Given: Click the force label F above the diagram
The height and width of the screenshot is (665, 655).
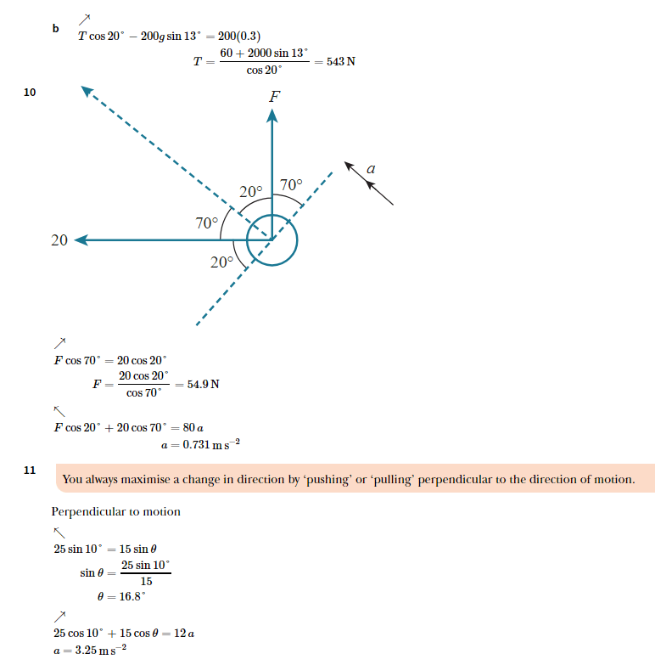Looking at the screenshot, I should pyautogui.click(x=274, y=97).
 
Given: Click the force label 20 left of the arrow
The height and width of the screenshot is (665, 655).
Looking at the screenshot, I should pyautogui.click(x=59, y=240).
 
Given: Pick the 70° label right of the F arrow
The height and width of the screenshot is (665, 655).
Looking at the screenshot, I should pyautogui.click(x=291, y=184).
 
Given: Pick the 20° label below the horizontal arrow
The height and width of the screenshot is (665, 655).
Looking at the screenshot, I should pyautogui.click(x=221, y=262).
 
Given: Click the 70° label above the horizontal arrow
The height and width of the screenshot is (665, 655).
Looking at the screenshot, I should pyautogui.click(x=207, y=223).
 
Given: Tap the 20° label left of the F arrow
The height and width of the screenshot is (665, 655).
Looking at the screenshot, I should pyautogui.click(x=251, y=192).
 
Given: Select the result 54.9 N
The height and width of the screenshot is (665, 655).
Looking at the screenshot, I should pyautogui.click(x=203, y=384).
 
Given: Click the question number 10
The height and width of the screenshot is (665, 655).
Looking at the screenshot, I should pyautogui.click(x=30, y=93).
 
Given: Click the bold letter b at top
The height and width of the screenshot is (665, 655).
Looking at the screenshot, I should pyautogui.click(x=55, y=29).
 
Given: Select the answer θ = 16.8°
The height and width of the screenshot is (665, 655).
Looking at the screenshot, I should pyautogui.click(x=123, y=596).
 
